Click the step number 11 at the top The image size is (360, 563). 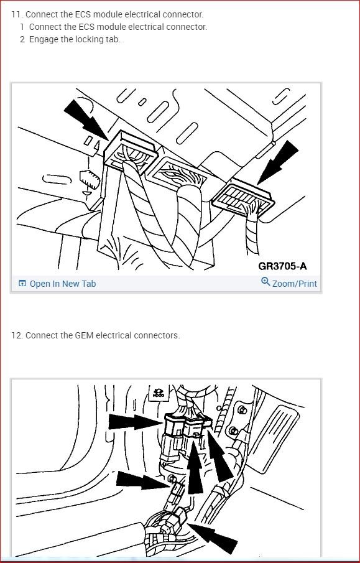click(16, 14)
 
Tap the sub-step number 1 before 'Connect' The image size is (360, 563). click(22, 27)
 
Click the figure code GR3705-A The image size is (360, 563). click(282, 266)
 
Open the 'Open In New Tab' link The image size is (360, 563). click(63, 284)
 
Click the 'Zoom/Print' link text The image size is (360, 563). click(294, 284)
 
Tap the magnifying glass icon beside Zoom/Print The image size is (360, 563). click(265, 282)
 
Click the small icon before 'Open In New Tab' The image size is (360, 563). click(22, 284)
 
